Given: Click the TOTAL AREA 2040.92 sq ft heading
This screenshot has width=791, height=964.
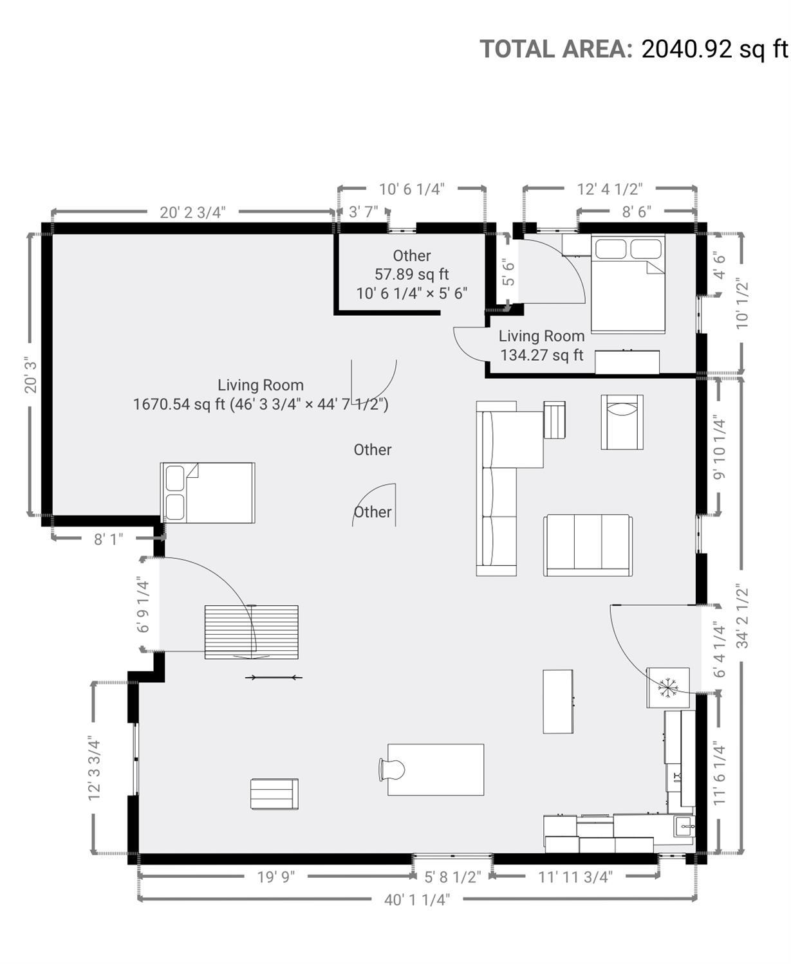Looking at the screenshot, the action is (634, 49).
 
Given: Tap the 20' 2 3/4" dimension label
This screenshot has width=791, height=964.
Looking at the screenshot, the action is (192, 213).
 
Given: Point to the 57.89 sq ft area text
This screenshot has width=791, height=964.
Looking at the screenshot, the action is (412, 274).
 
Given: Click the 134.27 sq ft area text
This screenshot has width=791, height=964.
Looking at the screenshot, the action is (542, 355).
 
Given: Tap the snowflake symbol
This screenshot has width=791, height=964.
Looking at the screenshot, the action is (667, 687).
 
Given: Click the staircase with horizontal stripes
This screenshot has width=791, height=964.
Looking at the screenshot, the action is (251, 632).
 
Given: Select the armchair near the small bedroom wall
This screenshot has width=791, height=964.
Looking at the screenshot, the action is (622, 422).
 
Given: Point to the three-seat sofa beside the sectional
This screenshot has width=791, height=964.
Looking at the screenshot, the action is (588, 545).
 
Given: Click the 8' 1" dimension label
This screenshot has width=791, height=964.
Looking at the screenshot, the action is (108, 540).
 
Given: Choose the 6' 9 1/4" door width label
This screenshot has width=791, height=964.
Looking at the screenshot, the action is (143, 606).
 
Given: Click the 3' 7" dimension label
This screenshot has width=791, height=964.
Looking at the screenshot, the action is (364, 212).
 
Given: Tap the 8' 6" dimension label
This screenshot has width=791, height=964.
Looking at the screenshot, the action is (637, 212).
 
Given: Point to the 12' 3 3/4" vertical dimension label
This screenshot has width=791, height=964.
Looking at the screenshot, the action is (94, 768).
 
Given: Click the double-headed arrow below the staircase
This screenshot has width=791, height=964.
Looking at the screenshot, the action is (274, 677).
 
